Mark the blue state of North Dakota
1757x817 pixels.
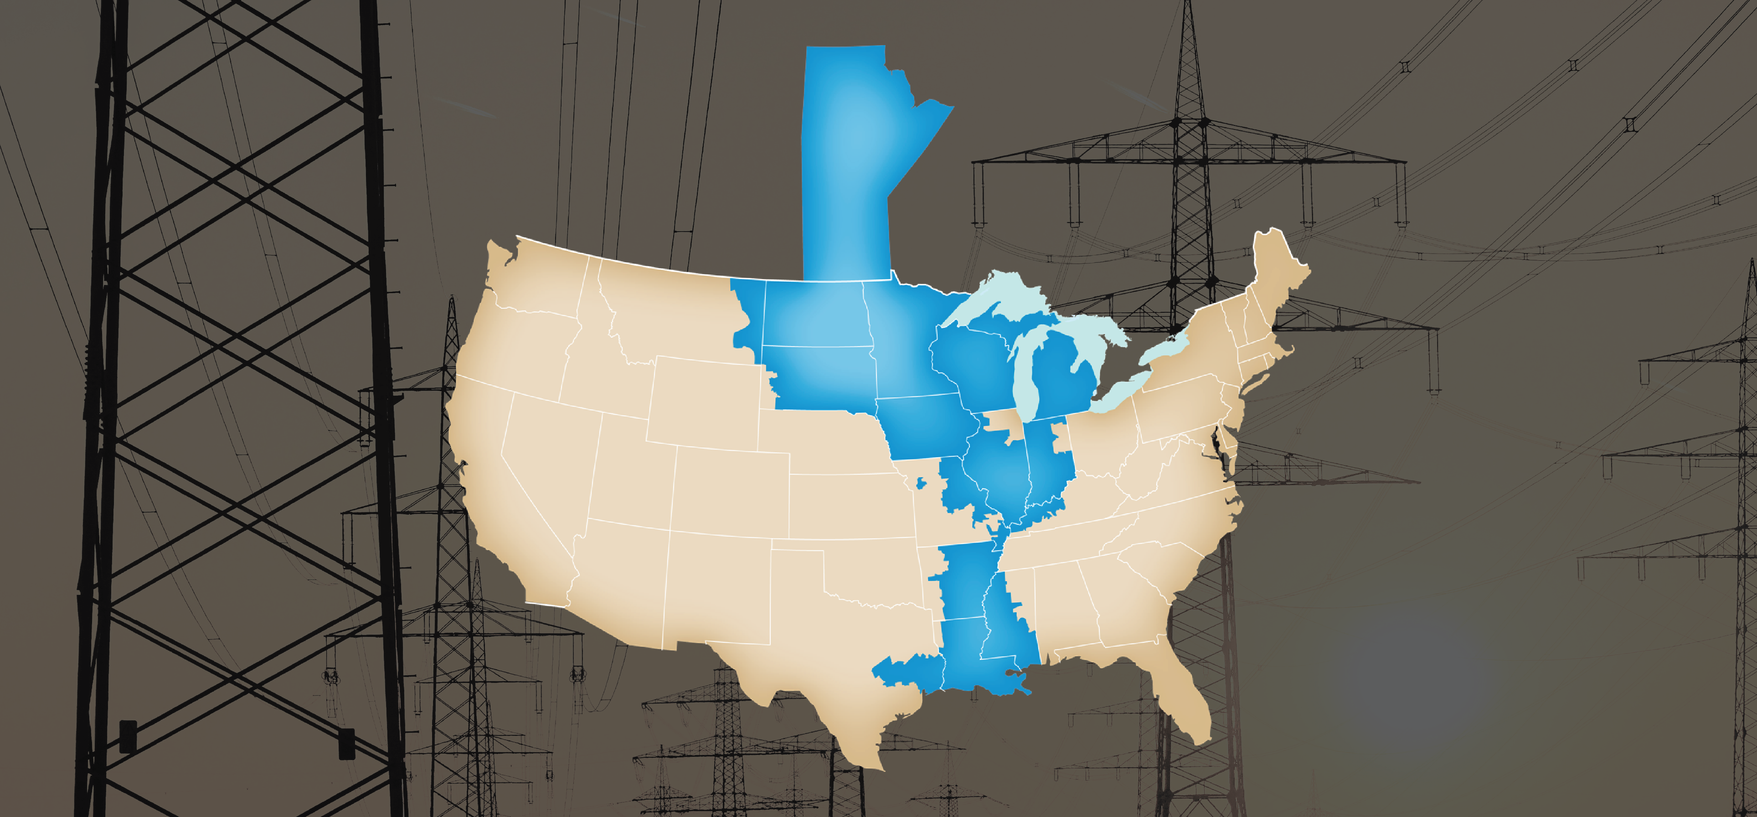812,314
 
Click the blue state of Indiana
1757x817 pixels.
1044,464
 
